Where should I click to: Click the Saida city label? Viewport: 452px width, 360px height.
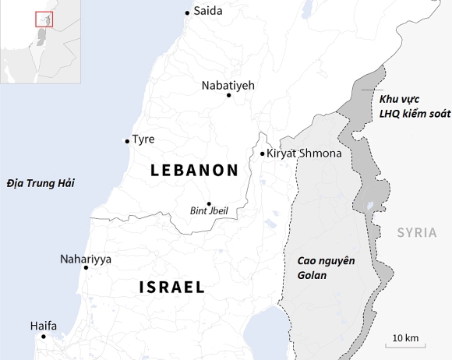click(x=207, y=11)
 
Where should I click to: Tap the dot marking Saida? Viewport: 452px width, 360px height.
click(x=187, y=12)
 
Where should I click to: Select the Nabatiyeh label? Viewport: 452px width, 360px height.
click(x=228, y=85)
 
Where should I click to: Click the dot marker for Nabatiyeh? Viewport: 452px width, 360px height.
click(x=228, y=95)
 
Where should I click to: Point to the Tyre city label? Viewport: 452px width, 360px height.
click(x=143, y=139)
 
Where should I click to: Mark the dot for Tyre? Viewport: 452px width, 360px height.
click(x=127, y=141)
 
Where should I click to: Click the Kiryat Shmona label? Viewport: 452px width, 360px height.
click(x=304, y=154)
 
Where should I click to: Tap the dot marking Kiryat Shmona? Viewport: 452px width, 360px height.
click(x=263, y=154)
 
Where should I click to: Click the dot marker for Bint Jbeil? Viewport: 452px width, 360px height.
click(x=209, y=203)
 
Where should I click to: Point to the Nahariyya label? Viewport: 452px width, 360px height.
click(x=86, y=259)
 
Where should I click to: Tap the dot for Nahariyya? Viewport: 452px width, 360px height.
click(x=86, y=268)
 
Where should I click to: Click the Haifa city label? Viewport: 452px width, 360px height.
click(x=44, y=326)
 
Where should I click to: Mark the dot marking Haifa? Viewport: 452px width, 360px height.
click(x=44, y=337)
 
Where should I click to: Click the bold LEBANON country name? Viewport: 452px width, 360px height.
click(x=194, y=170)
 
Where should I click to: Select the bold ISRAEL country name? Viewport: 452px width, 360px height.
click(x=172, y=287)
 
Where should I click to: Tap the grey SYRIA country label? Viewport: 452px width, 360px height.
click(x=417, y=232)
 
